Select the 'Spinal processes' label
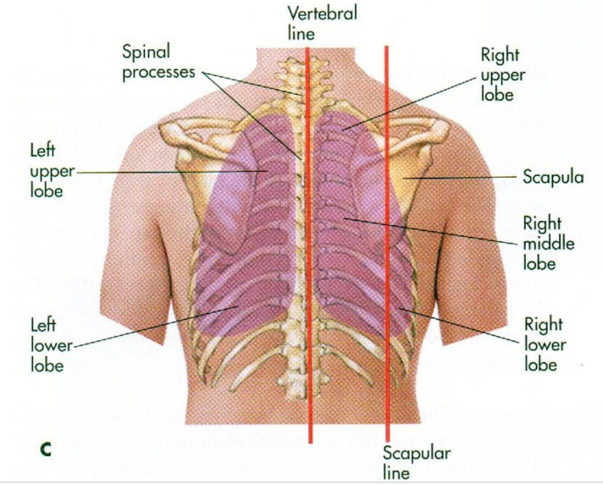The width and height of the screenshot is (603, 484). pos(159,63)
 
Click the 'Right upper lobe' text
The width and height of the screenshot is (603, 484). pos(503,74)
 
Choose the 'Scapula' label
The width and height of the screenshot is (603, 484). pos(552,179)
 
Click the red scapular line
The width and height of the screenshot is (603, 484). pos(387,254)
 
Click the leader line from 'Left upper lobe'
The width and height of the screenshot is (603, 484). pos(169,171)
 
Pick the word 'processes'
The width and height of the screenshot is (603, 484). pos(159,73)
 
